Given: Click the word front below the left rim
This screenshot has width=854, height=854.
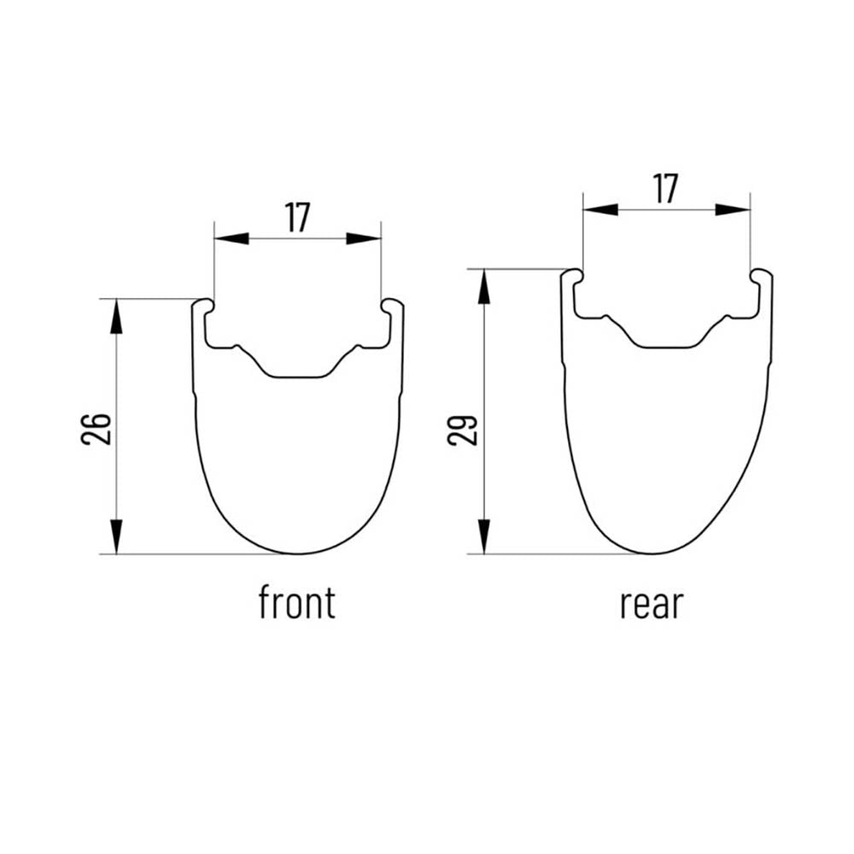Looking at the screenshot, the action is (x=297, y=602).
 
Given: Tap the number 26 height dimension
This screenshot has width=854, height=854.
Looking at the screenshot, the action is (x=97, y=429).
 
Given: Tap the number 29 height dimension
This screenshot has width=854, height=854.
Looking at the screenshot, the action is (x=462, y=430).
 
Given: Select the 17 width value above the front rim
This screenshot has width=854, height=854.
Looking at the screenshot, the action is (x=297, y=218).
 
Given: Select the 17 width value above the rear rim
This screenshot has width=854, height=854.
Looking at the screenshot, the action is (x=665, y=189).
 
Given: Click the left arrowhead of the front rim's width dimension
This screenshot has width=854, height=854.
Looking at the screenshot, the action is (x=231, y=238).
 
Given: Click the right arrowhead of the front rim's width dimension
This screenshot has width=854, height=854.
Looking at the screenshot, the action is (x=364, y=238).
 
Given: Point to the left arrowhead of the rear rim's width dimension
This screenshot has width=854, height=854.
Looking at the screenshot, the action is (x=600, y=210).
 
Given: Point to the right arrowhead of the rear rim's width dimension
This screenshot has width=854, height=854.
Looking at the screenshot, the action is (x=733, y=210).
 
